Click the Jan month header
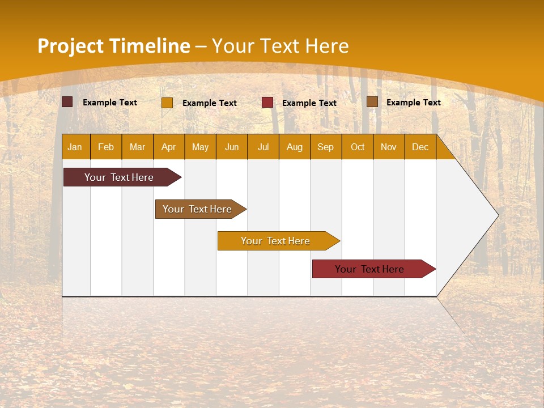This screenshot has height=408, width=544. click(75, 147)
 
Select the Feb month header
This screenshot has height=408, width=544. click(106, 147)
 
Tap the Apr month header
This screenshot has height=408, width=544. click(169, 147)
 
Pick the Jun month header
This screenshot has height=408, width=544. click(232, 147)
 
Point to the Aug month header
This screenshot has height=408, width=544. click(295, 147)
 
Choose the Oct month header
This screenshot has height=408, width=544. click(358, 147)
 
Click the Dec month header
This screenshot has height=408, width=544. click(420, 147)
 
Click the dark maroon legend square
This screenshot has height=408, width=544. click(67, 102)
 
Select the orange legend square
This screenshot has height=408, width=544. click(167, 103)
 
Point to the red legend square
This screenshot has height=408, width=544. click(267, 103)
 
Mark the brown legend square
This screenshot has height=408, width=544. click(372, 102)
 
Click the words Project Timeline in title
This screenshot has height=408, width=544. click(113, 46)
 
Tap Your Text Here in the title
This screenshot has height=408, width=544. click(280, 46)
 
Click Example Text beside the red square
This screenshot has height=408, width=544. click(309, 103)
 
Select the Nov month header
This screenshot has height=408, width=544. click(389, 147)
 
